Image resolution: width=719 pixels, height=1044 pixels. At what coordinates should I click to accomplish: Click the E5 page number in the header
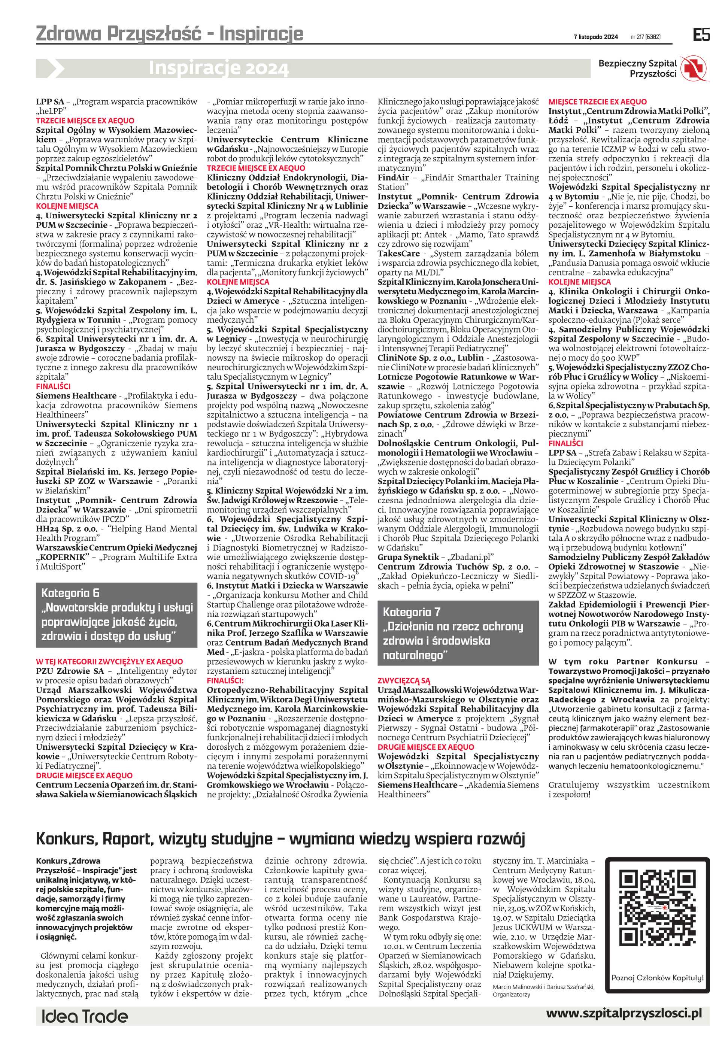point(701,35)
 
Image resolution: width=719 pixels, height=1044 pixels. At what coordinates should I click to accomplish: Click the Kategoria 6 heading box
point(116,614)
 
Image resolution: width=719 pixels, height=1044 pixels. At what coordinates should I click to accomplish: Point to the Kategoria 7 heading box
point(458,633)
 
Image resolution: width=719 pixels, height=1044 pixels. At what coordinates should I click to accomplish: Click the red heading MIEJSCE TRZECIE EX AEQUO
point(597,102)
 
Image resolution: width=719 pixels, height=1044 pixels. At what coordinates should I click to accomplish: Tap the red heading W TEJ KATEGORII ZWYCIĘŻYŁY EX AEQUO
point(109,662)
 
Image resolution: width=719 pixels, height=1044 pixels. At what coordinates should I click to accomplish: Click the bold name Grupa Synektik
point(408,557)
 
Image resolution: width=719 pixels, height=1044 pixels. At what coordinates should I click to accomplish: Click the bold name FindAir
point(393,178)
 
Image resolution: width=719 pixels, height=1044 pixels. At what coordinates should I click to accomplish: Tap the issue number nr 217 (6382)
point(646,37)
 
